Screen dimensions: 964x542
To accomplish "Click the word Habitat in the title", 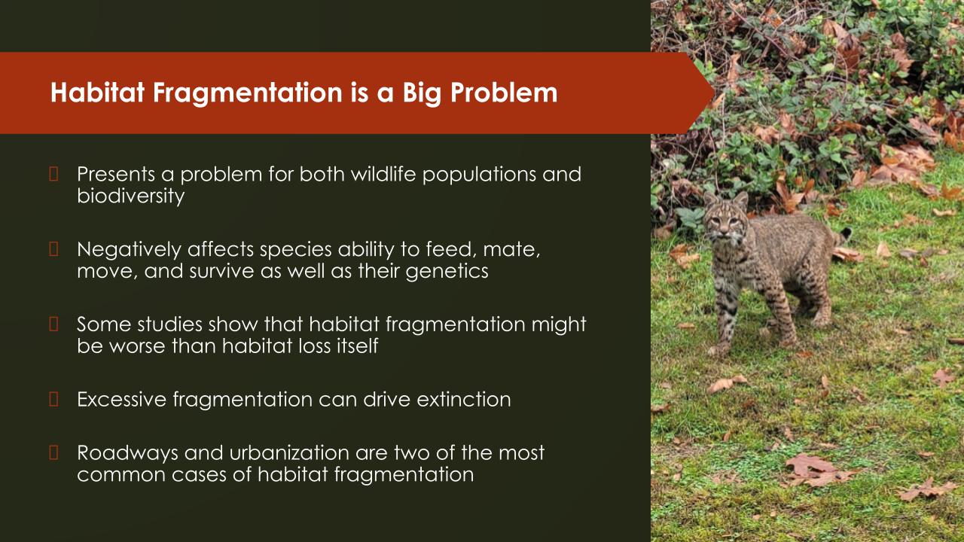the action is [97, 92].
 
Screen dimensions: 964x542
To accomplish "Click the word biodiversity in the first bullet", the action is [131, 196].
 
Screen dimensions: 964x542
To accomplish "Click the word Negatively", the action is [129, 250].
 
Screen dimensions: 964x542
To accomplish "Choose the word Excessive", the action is [121, 399].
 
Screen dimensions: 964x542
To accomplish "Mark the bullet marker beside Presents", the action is [53, 174].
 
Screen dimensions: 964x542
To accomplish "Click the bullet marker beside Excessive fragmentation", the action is [53, 399].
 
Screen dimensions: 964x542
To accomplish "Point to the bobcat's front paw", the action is [718, 350].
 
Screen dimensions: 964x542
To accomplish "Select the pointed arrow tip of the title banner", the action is [715, 93].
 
